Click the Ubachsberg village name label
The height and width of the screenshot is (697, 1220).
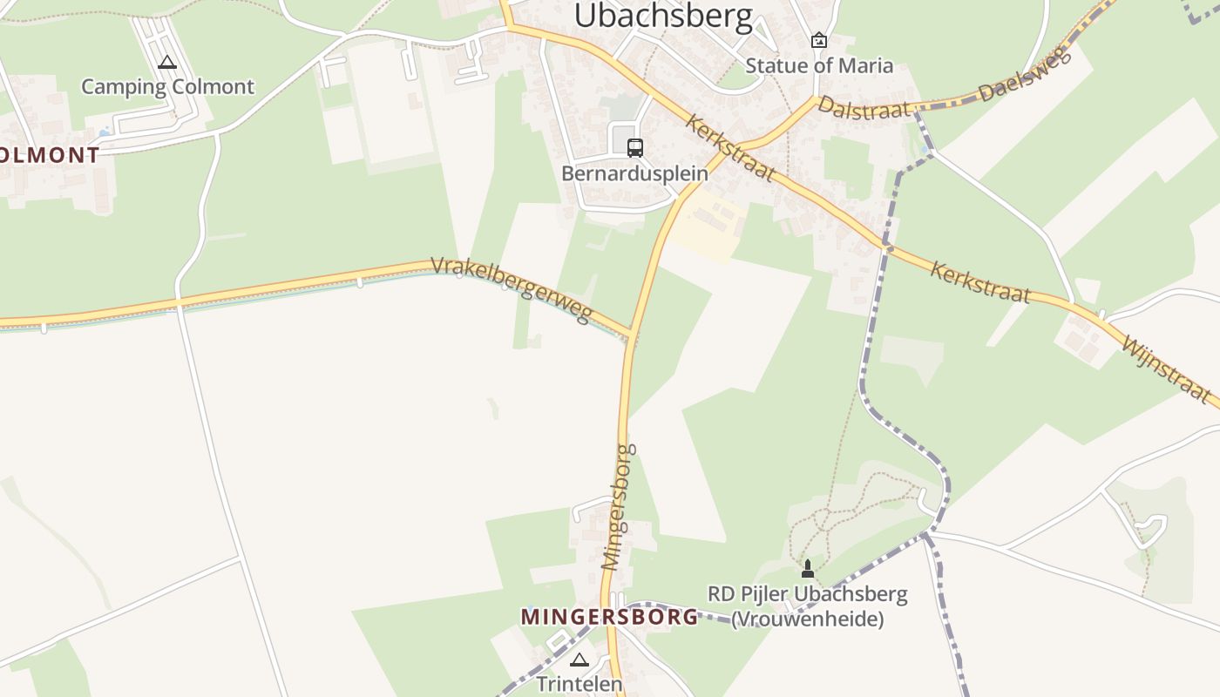click(663, 17)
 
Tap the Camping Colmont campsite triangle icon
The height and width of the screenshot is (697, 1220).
click(167, 63)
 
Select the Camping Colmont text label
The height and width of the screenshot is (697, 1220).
click(167, 86)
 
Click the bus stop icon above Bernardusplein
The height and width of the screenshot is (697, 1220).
click(635, 147)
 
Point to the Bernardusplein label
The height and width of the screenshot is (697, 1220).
click(634, 173)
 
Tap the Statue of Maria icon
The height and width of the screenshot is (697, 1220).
click(819, 40)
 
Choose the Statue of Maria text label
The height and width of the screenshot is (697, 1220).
click(819, 65)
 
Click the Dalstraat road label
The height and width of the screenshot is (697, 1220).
click(864, 108)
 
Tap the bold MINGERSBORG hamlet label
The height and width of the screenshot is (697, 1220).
click(609, 617)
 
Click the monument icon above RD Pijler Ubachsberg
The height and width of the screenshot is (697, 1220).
click(808, 570)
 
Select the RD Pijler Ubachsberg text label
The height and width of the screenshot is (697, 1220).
click(807, 595)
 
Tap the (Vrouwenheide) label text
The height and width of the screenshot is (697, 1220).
click(807, 619)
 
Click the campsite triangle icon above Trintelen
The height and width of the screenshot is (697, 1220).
click(579, 660)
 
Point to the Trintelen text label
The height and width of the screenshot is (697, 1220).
click(579, 684)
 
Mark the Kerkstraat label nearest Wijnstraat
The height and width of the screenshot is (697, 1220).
click(979, 281)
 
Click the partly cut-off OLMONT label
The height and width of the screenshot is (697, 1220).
click(50, 155)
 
